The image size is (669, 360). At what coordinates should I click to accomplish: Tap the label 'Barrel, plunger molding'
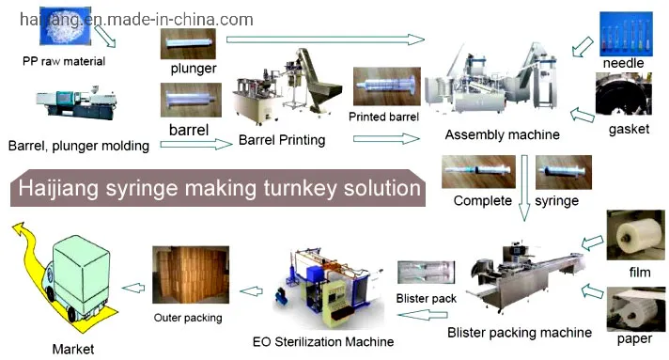(78, 145)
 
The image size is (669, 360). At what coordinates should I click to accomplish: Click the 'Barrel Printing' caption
(282, 140)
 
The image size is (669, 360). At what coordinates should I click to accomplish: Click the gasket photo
(623, 97)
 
